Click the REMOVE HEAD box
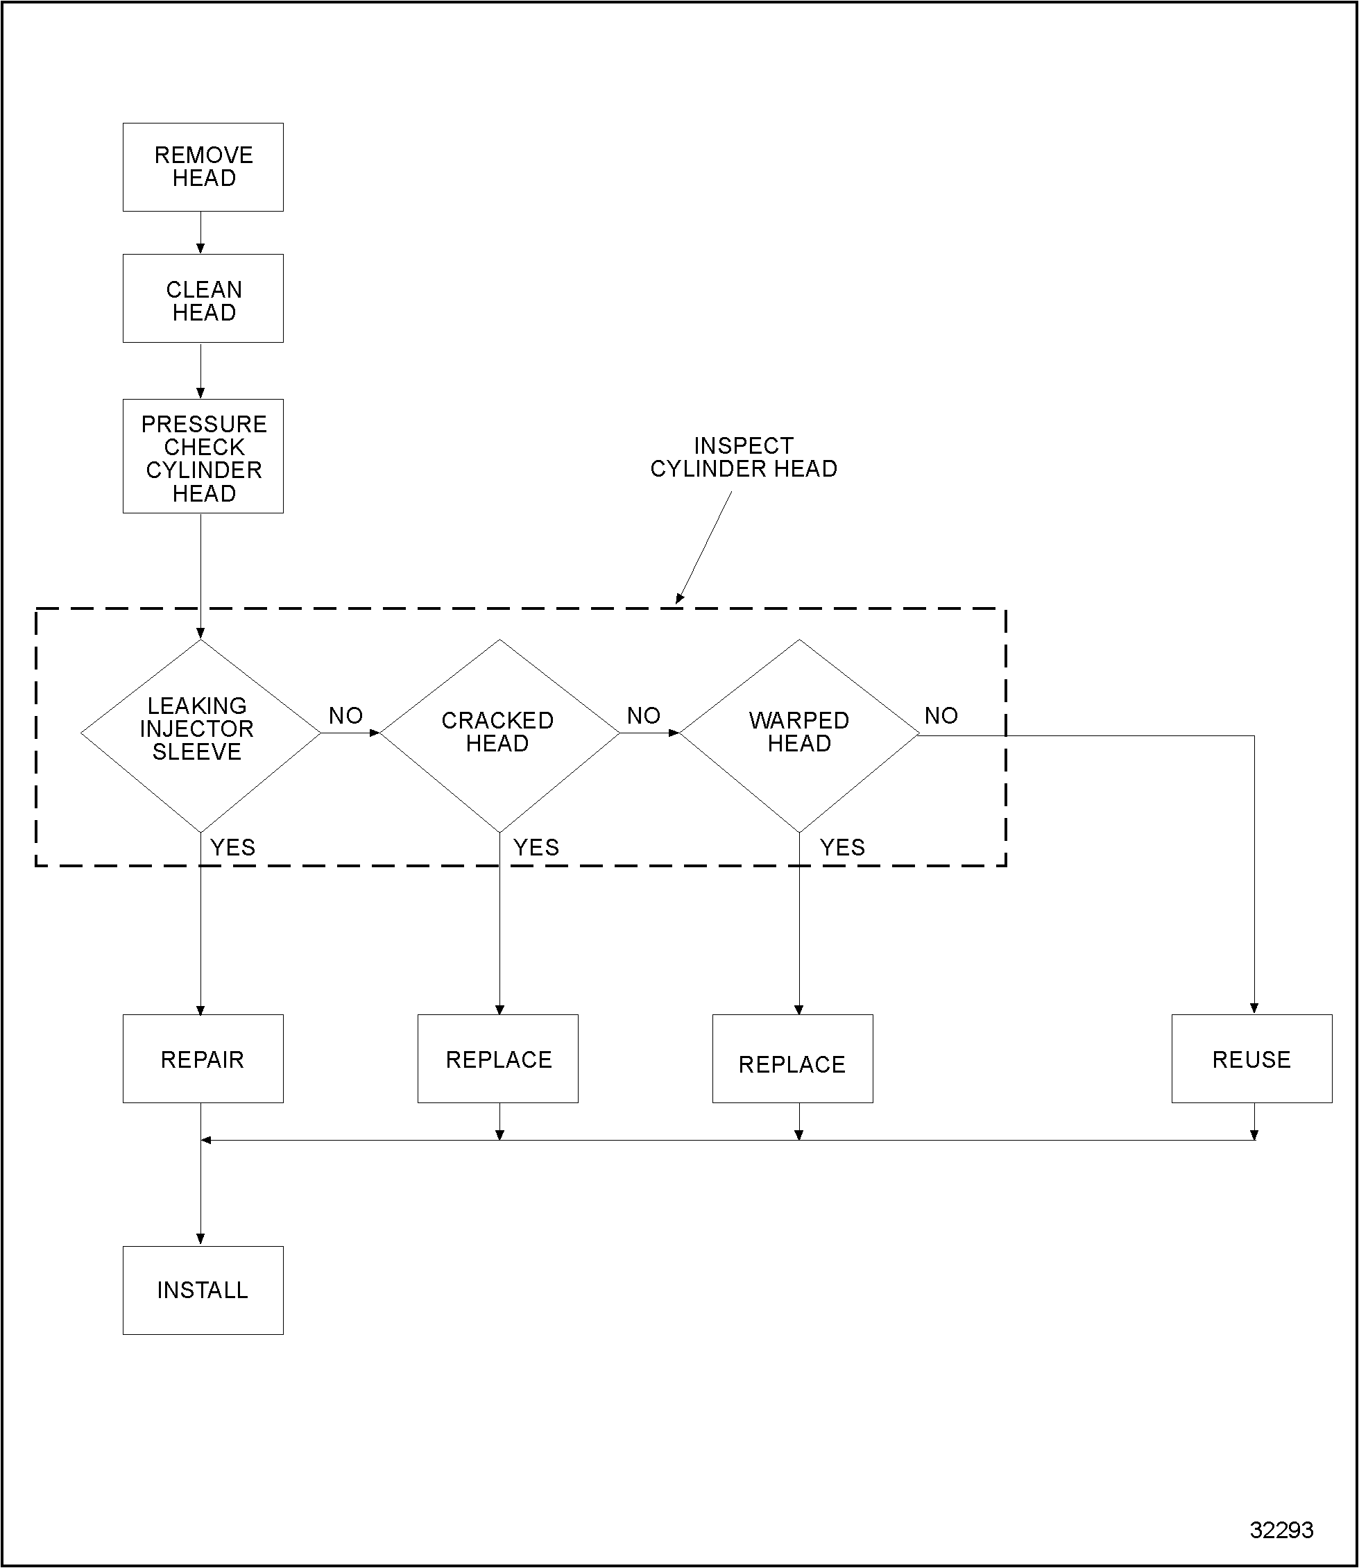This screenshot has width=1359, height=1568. [203, 167]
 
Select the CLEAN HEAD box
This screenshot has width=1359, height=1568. [203, 298]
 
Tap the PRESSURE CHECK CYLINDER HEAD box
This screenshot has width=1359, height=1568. [203, 457]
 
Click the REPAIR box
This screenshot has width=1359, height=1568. [203, 1059]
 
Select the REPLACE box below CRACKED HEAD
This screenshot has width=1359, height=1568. [498, 1059]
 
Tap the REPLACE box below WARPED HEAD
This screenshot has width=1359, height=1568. [792, 1059]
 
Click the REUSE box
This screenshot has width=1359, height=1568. [1251, 1059]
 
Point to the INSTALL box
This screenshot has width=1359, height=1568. [203, 1290]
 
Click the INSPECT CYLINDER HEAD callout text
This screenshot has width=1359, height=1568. [743, 457]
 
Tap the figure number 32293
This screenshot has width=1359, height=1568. [1281, 1530]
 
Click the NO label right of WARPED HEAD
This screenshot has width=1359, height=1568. [941, 715]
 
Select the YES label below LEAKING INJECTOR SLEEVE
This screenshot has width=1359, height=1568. [232, 847]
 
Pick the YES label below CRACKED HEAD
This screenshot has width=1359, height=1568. [536, 847]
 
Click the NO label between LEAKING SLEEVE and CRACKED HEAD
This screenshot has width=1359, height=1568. [345, 715]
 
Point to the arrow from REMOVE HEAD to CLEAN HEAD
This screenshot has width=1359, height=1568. [200, 232]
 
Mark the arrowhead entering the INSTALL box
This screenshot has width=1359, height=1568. [200, 1238]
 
